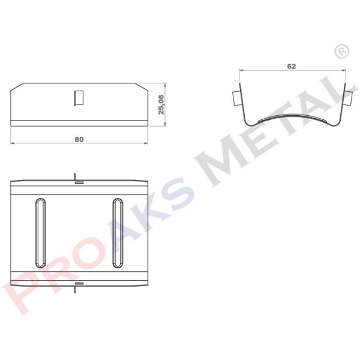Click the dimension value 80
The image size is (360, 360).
[x=79, y=139]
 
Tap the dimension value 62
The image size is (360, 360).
[x=292, y=66]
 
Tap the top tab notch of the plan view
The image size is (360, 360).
[x=78, y=179]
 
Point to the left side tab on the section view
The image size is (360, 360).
[x=235, y=96]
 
